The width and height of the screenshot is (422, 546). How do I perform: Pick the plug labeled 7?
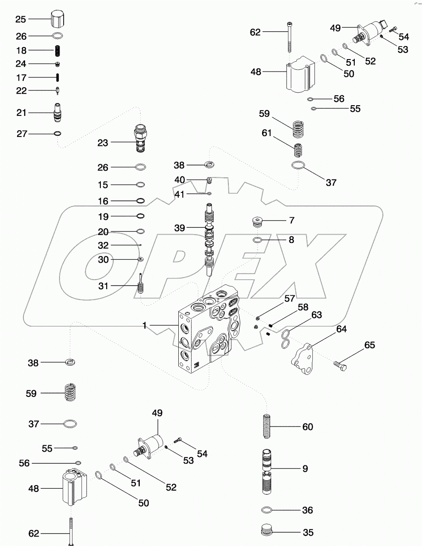pyautogui.click(x=257, y=221)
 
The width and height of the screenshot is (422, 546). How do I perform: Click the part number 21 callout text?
pyautogui.click(x=21, y=113)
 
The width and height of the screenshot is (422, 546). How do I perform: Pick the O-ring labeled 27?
pyautogui.click(x=58, y=133)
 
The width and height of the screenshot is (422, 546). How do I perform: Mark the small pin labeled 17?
pyautogui.click(x=58, y=77)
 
